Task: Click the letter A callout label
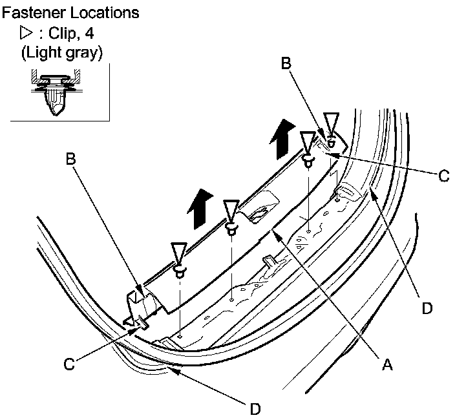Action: (x=387, y=365)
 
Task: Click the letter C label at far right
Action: (x=443, y=175)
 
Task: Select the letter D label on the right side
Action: (x=426, y=308)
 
